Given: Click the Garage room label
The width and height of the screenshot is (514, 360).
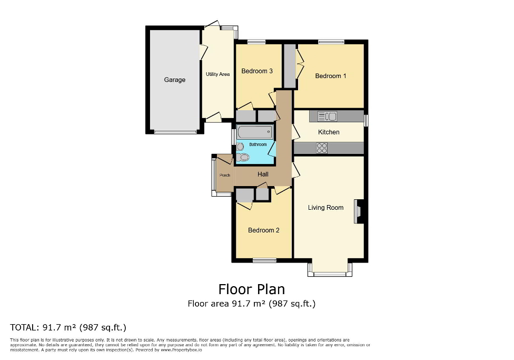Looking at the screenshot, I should coord(174,80).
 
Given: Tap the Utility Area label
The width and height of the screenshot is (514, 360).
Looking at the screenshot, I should coord(218,74).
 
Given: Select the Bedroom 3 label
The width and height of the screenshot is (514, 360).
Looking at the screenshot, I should coord(256,71).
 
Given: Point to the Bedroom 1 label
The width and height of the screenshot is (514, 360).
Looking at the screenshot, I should coord(331,76).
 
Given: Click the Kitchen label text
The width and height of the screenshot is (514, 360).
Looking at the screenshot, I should coord(329,132).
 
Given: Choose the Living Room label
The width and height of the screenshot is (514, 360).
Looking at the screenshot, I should coord(325,207).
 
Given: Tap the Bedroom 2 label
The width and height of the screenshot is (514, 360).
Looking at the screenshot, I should coord(263,230).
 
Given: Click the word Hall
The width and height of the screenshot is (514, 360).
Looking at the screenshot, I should coord(263,174).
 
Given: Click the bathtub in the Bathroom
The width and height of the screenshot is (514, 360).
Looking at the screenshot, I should coord(255,132).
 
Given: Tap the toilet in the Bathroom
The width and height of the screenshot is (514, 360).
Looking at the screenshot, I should coord(242,157).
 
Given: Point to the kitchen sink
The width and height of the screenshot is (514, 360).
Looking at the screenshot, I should coord(328,116).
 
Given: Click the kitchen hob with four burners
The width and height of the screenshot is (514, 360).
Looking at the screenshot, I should coord(322,148).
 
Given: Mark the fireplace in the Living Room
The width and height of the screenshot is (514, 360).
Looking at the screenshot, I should coord(359,211).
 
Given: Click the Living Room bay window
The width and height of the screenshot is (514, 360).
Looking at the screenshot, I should coord(330,274).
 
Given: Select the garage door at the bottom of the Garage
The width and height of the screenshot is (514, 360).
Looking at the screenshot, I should coord(174,132).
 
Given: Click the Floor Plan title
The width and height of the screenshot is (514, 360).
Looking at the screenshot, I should coord(251,289).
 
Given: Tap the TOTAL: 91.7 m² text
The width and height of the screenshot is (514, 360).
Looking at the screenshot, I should coord(68,327).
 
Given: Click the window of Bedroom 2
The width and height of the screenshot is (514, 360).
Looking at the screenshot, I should coord(264,260).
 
